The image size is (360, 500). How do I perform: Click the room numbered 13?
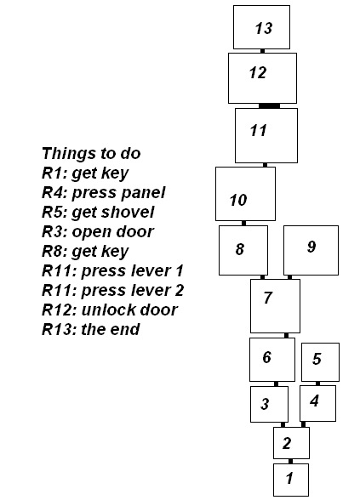(x=262, y=27)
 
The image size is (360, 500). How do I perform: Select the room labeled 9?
(x=311, y=250)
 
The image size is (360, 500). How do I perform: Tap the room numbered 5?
(x=320, y=362)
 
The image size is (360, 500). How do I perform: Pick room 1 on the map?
(x=291, y=480)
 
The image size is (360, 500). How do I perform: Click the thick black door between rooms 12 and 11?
(x=269, y=105)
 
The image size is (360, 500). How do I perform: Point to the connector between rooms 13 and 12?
(x=263, y=51)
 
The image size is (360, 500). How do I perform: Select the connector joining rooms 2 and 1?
(x=290, y=461)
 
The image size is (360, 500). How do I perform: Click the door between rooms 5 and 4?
(x=317, y=384)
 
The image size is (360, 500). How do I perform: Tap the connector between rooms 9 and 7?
(x=289, y=277)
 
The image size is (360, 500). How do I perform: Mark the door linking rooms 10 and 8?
(x=243, y=223)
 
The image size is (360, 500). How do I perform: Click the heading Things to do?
(x=91, y=153)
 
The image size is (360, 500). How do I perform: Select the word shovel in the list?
(x=134, y=212)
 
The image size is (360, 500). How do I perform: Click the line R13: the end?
(x=91, y=329)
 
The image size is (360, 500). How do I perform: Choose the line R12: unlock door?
(x=110, y=310)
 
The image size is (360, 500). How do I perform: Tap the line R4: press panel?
(x=104, y=193)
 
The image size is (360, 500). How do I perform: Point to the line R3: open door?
(x=98, y=232)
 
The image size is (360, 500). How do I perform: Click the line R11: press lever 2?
(x=113, y=291)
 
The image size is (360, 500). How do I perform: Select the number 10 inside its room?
(x=238, y=201)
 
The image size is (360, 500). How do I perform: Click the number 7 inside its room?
(x=268, y=298)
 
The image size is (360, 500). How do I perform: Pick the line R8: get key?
(x=85, y=252)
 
